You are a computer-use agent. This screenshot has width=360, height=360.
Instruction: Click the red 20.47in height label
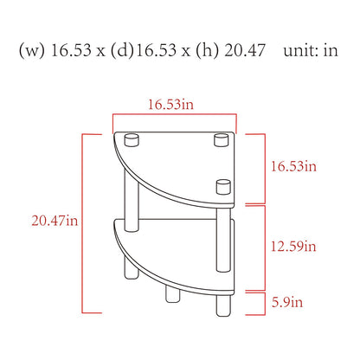pyautogui.click(x=55, y=221)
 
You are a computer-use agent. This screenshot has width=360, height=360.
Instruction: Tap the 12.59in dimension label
pyautogui.click(x=293, y=247)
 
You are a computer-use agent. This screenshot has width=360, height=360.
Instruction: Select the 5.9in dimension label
pyautogui.click(x=287, y=302)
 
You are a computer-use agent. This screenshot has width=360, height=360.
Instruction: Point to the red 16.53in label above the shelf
pyautogui.click(x=170, y=104)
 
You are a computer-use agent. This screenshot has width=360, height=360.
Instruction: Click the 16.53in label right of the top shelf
pyautogui.click(x=293, y=166)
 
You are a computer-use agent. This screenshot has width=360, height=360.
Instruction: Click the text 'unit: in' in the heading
pyautogui.click(x=311, y=50)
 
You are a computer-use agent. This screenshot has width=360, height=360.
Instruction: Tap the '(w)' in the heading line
pyautogui.click(x=32, y=50)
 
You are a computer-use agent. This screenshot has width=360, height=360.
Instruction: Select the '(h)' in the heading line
pyautogui.click(x=207, y=50)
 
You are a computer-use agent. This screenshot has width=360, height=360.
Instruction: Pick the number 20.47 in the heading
pyautogui.click(x=245, y=50)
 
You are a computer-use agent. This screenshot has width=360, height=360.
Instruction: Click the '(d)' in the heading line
pyautogui.click(x=123, y=50)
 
